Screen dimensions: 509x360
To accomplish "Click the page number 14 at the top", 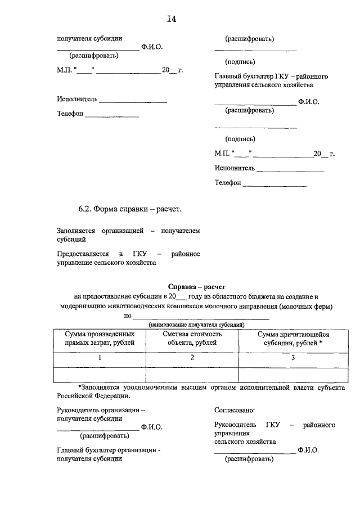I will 172,20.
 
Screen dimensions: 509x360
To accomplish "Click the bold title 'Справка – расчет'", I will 196,286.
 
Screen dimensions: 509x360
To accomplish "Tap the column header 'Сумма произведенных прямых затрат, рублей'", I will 100,338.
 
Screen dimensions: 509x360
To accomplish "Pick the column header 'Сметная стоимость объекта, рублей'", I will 192,338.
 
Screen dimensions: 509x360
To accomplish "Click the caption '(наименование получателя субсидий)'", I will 196,325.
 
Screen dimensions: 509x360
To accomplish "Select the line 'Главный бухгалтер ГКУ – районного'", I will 271,76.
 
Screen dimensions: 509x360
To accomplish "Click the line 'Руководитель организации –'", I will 101,411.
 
